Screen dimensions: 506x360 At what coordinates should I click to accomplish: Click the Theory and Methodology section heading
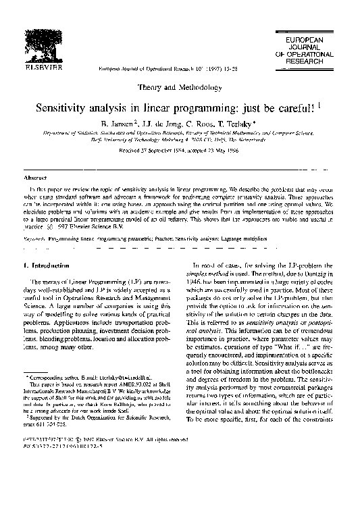click(180, 88)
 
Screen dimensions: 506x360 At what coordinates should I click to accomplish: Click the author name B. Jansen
click(118, 124)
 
